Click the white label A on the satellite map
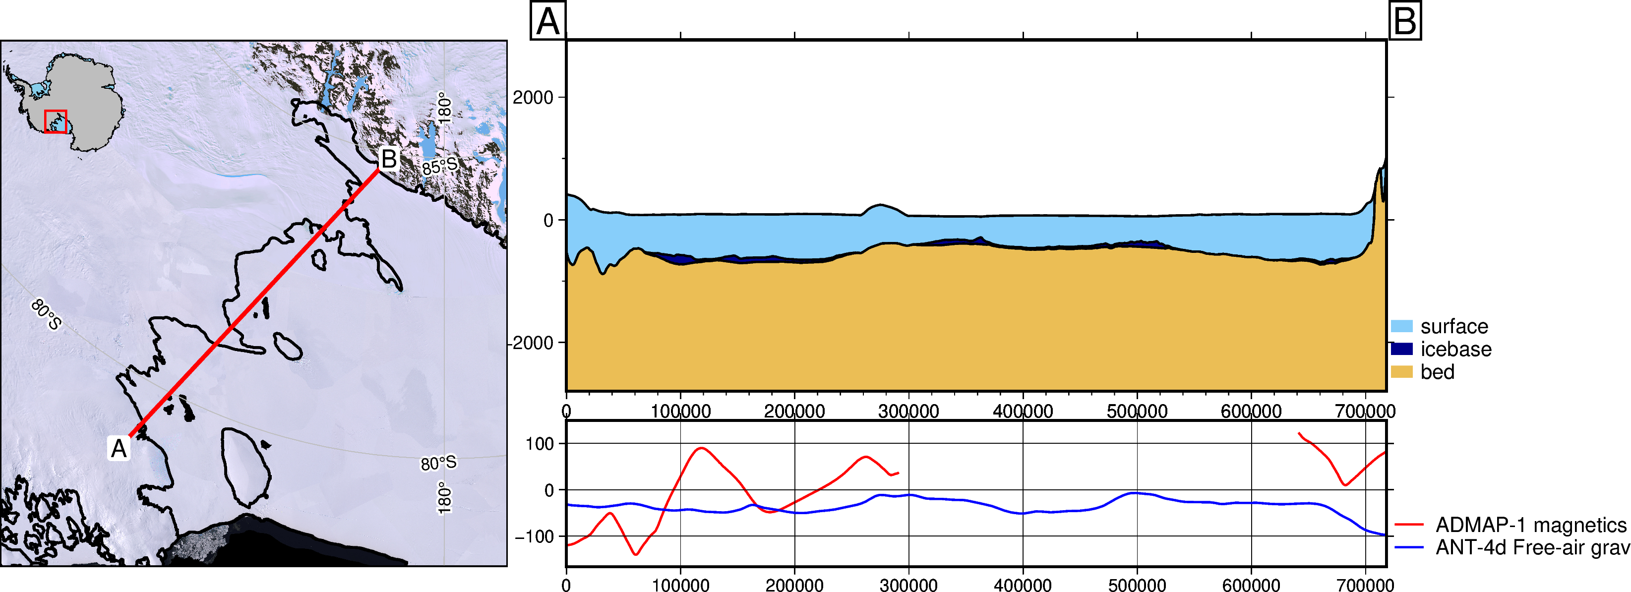pyautogui.click(x=119, y=448)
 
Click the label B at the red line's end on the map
pyautogui.click(x=388, y=159)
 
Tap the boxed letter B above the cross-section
pyautogui.click(x=1404, y=21)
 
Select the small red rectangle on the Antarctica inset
pyautogui.click(x=56, y=121)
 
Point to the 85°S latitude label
pyautogui.click(x=439, y=167)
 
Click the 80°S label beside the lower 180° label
pyautogui.click(x=439, y=463)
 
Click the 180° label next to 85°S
pyautogui.click(x=445, y=108)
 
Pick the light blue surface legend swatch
pyautogui.click(x=1402, y=326)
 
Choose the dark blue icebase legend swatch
pyautogui.click(x=1402, y=349)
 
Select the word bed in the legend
pyautogui.click(x=1437, y=372)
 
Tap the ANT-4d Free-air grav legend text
pyautogui.click(x=1533, y=547)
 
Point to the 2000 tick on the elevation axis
pyautogui.click(x=533, y=98)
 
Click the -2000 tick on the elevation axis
pyautogui.click(x=531, y=343)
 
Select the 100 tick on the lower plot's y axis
pyautogui.click(x=540, y=444)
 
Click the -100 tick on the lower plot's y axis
pyautogui.click(x=535, y=536)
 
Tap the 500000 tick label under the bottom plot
pyautogui.click(x=1137, y=585)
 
